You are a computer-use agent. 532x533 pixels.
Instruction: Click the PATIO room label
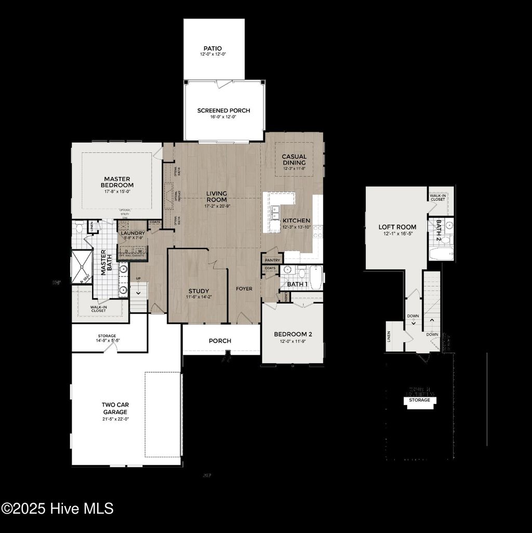[213, 48]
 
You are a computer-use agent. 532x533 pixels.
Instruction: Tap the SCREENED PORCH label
[223, 110]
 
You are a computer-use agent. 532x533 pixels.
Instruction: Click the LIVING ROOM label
[217, 197]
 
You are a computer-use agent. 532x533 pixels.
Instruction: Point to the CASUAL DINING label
[294, 159]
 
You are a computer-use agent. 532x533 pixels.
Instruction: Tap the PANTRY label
[272, 260]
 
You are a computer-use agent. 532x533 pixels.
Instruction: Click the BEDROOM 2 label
[292, 334]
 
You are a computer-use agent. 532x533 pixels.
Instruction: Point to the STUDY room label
[198, 291]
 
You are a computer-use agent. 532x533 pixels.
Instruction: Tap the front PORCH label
[220, 341]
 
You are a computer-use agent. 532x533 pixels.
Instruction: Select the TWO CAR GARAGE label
[115, 408]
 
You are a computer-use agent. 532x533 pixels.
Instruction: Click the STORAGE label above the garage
[107, 336]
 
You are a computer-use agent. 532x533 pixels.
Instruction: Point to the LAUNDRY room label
[132, 233]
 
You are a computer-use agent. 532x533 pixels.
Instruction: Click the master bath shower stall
[81, 266]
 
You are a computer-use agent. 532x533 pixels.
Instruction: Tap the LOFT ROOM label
[397, 227]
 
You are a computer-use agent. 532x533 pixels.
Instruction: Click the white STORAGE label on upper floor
[420, 400]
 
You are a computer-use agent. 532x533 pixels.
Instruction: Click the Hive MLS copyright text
[57, 508]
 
